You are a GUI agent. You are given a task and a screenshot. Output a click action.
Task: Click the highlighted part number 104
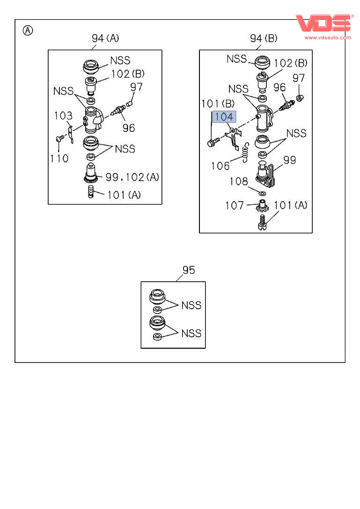tap(224, 117)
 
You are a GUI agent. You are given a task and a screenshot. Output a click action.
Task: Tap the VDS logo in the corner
tap(323, 23)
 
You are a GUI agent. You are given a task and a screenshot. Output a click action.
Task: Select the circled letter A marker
tap(28, 31)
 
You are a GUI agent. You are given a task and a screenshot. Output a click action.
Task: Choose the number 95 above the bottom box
tap(189, 270)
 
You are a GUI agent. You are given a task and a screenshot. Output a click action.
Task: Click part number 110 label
tap(59, 159)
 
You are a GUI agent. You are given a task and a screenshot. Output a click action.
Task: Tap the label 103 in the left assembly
tap(63, 116)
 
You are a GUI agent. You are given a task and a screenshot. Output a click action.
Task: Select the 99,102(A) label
tap(132, 177)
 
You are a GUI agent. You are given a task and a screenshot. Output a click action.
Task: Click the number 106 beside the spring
tap(220, 166)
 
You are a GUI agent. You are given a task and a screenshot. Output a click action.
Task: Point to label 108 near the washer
tap(239, 181)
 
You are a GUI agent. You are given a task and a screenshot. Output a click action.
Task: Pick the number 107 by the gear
tap(235, 205)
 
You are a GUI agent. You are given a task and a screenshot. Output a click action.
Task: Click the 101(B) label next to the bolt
tap(218, 103)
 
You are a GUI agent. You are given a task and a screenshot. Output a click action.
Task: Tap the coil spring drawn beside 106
tap(244, 152)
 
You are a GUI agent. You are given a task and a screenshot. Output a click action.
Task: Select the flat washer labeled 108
tap(262, 193)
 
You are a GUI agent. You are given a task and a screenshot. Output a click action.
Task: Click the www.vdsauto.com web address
tap(328, 37)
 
